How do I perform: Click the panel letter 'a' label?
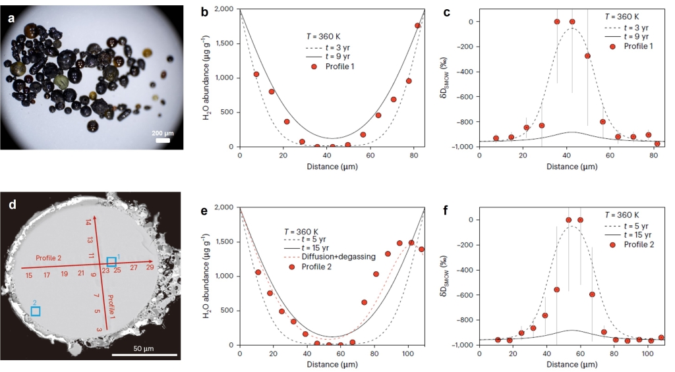[11, 19]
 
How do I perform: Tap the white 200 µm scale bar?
[163, 140]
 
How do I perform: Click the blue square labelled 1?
[111, 261]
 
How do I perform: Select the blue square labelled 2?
[35, 310]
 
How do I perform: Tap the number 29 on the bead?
[150, 267]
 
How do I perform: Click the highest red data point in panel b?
[417, 26]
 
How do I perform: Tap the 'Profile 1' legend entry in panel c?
[634, 46]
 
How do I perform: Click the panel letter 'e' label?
[205, 211]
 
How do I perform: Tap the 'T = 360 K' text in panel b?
[319, 38]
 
